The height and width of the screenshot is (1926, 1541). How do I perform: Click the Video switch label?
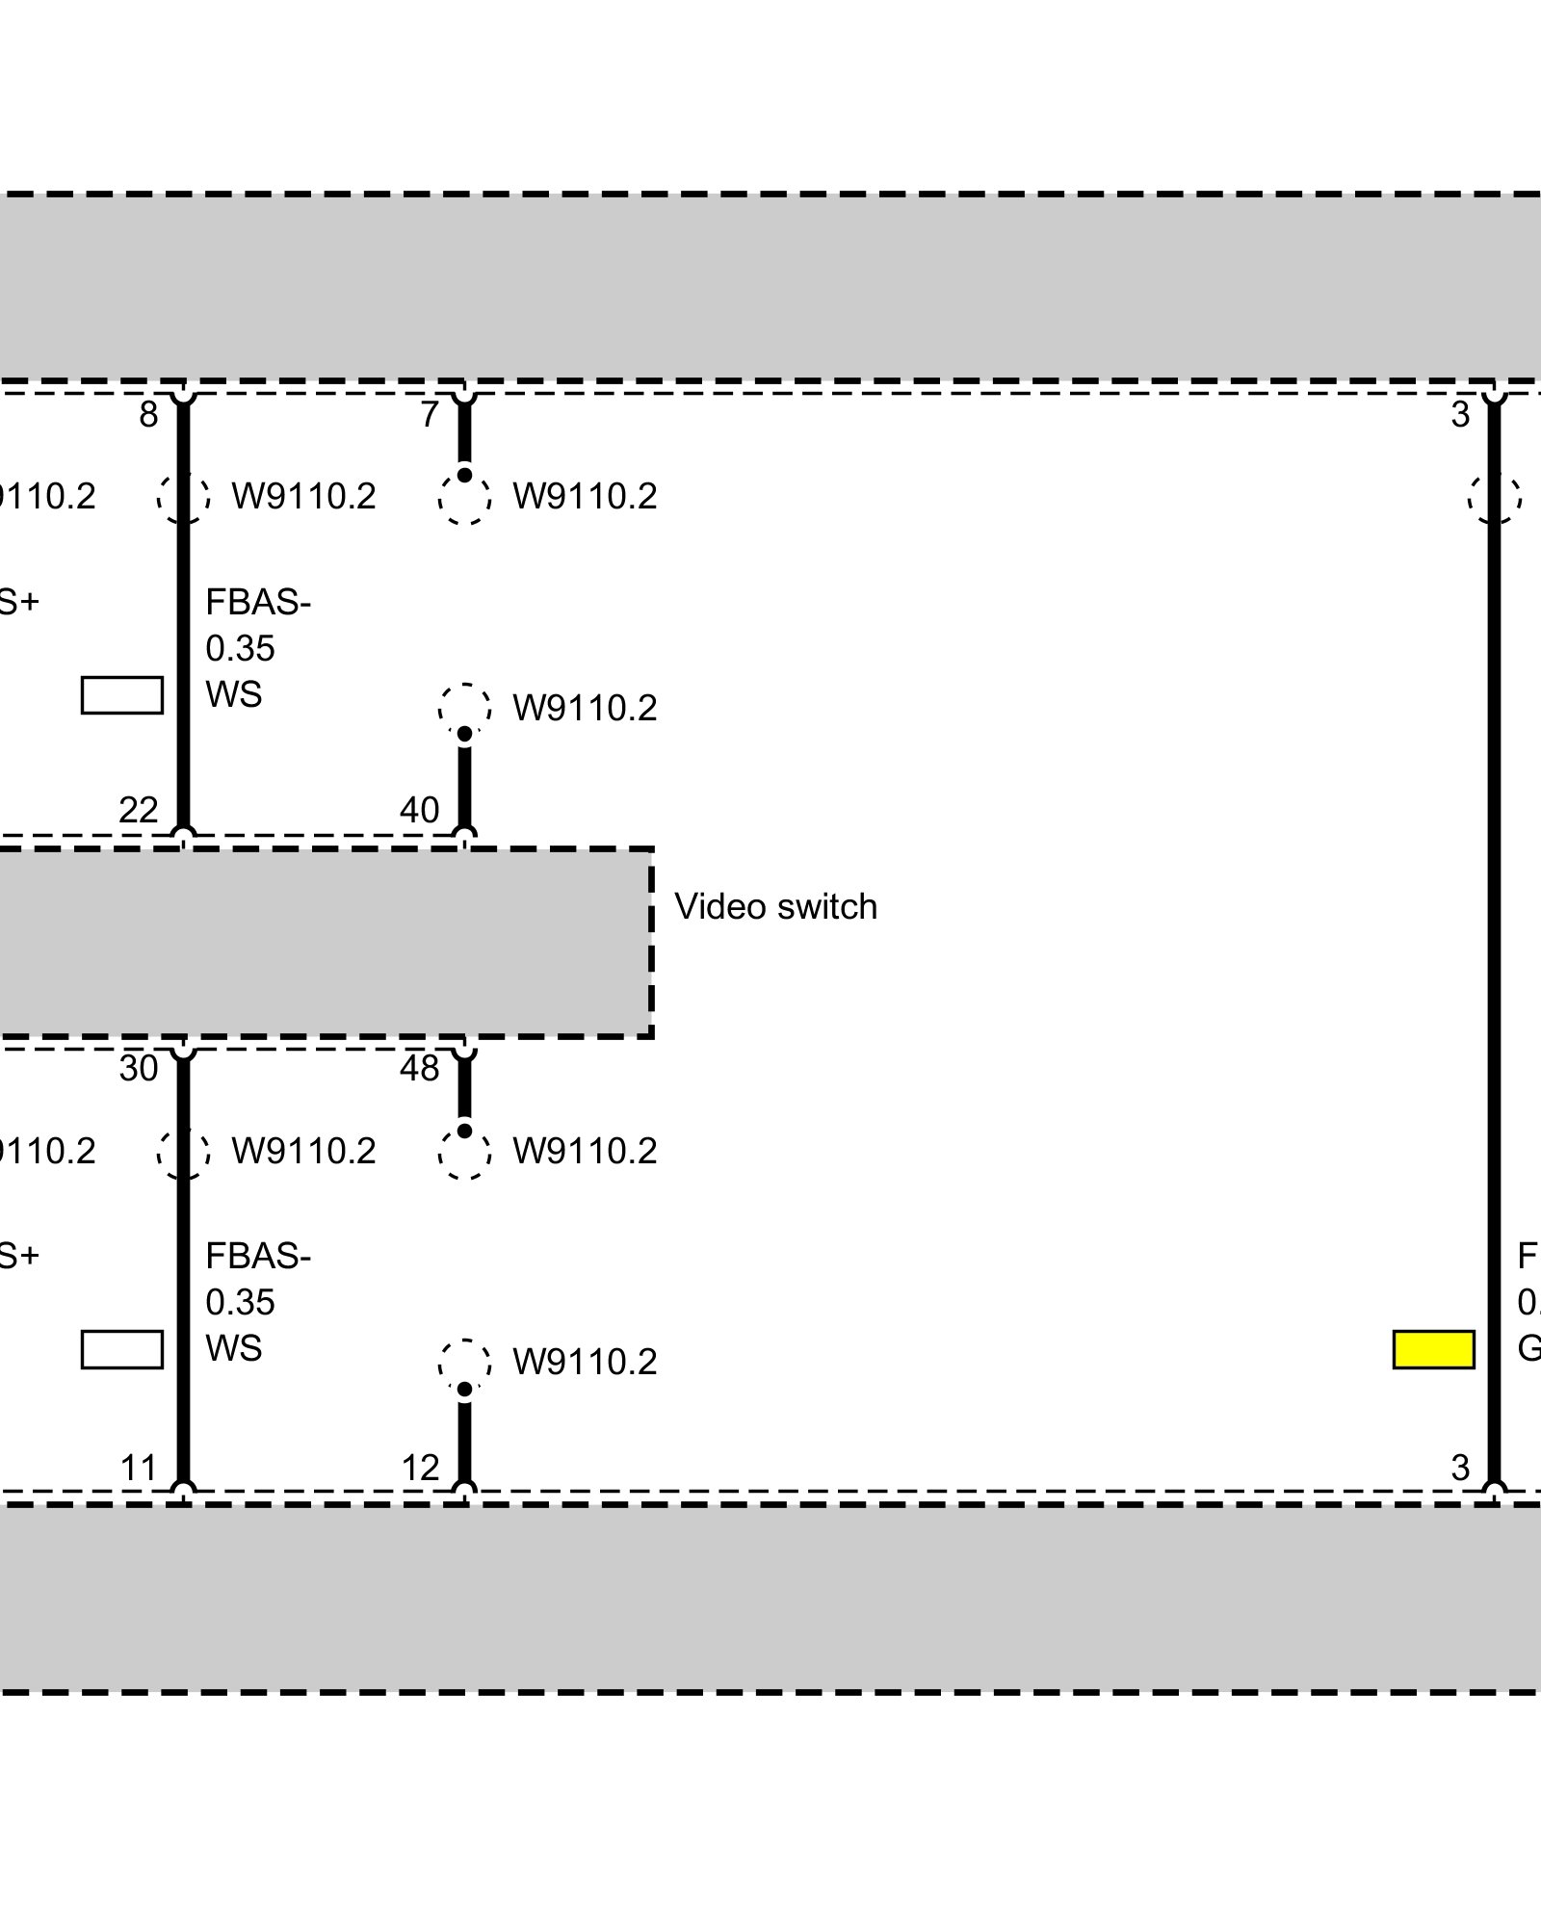775,907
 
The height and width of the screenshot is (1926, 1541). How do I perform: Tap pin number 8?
148,415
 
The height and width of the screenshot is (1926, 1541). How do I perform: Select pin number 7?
430,415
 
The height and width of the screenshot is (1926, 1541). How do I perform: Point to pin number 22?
139,810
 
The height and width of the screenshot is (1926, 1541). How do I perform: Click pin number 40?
420,810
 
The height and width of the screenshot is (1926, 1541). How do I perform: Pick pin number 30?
139,1069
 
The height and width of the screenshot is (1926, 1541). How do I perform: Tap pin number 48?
420,1069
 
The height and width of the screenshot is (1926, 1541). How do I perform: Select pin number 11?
139,1468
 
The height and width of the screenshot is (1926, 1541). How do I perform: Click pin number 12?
420,1468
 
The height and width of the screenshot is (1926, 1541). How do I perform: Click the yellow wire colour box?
1433,1349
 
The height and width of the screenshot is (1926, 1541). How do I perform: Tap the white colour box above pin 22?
122,695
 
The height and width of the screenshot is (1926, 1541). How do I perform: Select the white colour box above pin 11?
122,1349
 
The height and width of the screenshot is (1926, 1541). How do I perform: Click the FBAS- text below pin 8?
258,603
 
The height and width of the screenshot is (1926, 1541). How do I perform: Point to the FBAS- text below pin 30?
258,1257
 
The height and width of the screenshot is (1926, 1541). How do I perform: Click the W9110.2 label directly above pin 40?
585,708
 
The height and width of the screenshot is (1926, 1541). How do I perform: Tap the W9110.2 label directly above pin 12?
585,1362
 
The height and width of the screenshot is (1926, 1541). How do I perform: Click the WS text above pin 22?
233,694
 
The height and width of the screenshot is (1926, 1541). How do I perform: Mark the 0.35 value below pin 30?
240,1303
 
